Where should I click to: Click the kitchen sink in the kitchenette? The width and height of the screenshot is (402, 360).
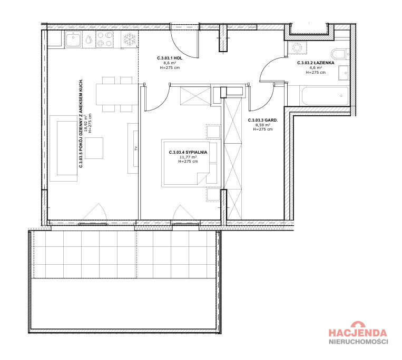point(74,39)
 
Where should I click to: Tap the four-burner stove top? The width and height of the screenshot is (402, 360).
point(104,39)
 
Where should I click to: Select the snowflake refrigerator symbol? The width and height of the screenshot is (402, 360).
point(130,39)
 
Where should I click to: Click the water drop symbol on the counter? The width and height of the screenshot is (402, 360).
point(89,39)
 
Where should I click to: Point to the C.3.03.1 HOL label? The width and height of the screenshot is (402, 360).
point(170,58)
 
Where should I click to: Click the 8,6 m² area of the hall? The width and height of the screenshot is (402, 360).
point(170,63)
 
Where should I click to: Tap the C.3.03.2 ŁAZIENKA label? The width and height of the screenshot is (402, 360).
point(316,63)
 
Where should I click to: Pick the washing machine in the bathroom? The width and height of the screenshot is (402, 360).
point(297,47)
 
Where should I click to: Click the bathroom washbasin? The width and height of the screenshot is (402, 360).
point(344,73)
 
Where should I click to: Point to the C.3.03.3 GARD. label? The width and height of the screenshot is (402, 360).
point(263,120)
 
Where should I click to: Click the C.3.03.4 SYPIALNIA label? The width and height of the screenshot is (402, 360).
point(188,152)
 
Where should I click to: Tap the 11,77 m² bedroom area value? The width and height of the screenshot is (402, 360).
point(188,157)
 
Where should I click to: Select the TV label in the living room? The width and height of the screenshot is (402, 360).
point(136,148)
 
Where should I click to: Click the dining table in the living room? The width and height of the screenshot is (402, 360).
point(117,94)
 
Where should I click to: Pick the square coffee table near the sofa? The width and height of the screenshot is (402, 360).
point(94,148)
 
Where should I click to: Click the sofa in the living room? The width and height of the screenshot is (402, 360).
point(64,148)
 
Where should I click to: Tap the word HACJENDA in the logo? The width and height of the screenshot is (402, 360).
point(358,333)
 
